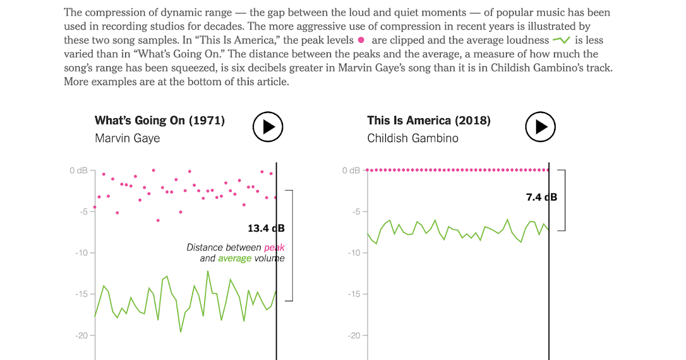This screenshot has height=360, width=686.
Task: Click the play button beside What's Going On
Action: pos(268,126)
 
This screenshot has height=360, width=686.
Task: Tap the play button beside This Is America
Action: pos(541,126)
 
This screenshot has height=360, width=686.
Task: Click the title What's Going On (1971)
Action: pos(159,121)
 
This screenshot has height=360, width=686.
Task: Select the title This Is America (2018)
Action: pos(429,121)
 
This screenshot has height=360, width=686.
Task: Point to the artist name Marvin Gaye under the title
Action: pos(127,138)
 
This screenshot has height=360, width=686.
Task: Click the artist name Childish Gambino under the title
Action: pos(413,138)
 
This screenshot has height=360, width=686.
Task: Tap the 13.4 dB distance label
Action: pos(266,229)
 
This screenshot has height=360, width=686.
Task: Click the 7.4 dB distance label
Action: pos(541,197)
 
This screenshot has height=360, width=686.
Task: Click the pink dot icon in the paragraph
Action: pos(361,40)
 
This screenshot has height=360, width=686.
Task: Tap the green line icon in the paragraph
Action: pos(561,40)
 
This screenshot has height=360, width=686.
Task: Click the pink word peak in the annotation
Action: pos(274,247)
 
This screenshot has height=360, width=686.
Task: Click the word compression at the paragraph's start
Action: pos(109,12)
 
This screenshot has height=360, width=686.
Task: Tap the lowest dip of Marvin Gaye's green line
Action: pos(181,331)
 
